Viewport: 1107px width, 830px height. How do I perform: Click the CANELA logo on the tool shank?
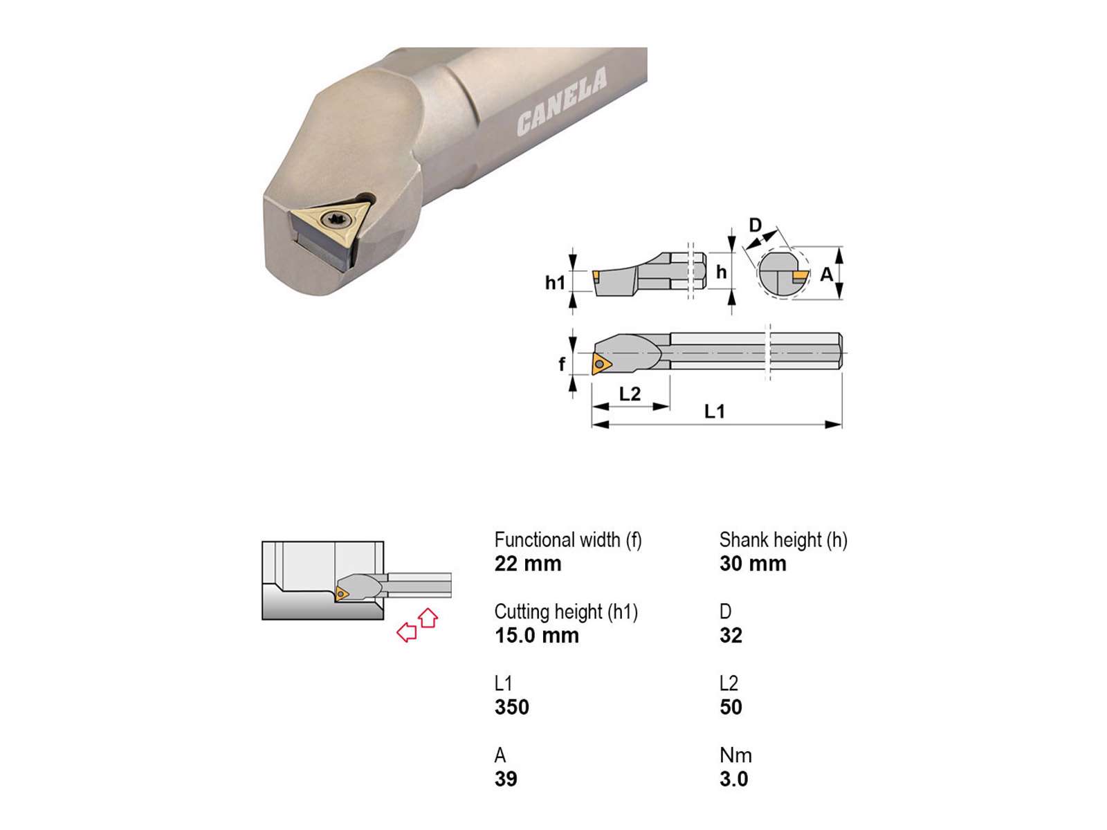[x=561, y=101]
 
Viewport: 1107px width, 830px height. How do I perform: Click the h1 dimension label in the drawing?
[x=555, y=283]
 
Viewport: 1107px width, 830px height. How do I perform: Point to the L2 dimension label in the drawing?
[x=630, y=394]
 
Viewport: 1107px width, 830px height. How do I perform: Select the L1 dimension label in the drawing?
[x=714, y=412]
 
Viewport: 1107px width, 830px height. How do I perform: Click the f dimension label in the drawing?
[x=562, y=363]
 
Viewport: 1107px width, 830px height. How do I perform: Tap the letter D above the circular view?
[x=755, y=225]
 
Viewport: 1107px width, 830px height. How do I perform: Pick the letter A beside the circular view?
[x=827, y=274]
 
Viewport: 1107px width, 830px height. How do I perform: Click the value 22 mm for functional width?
[x=527, y=564]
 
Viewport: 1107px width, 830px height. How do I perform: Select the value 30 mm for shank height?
[x=753, y=564]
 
